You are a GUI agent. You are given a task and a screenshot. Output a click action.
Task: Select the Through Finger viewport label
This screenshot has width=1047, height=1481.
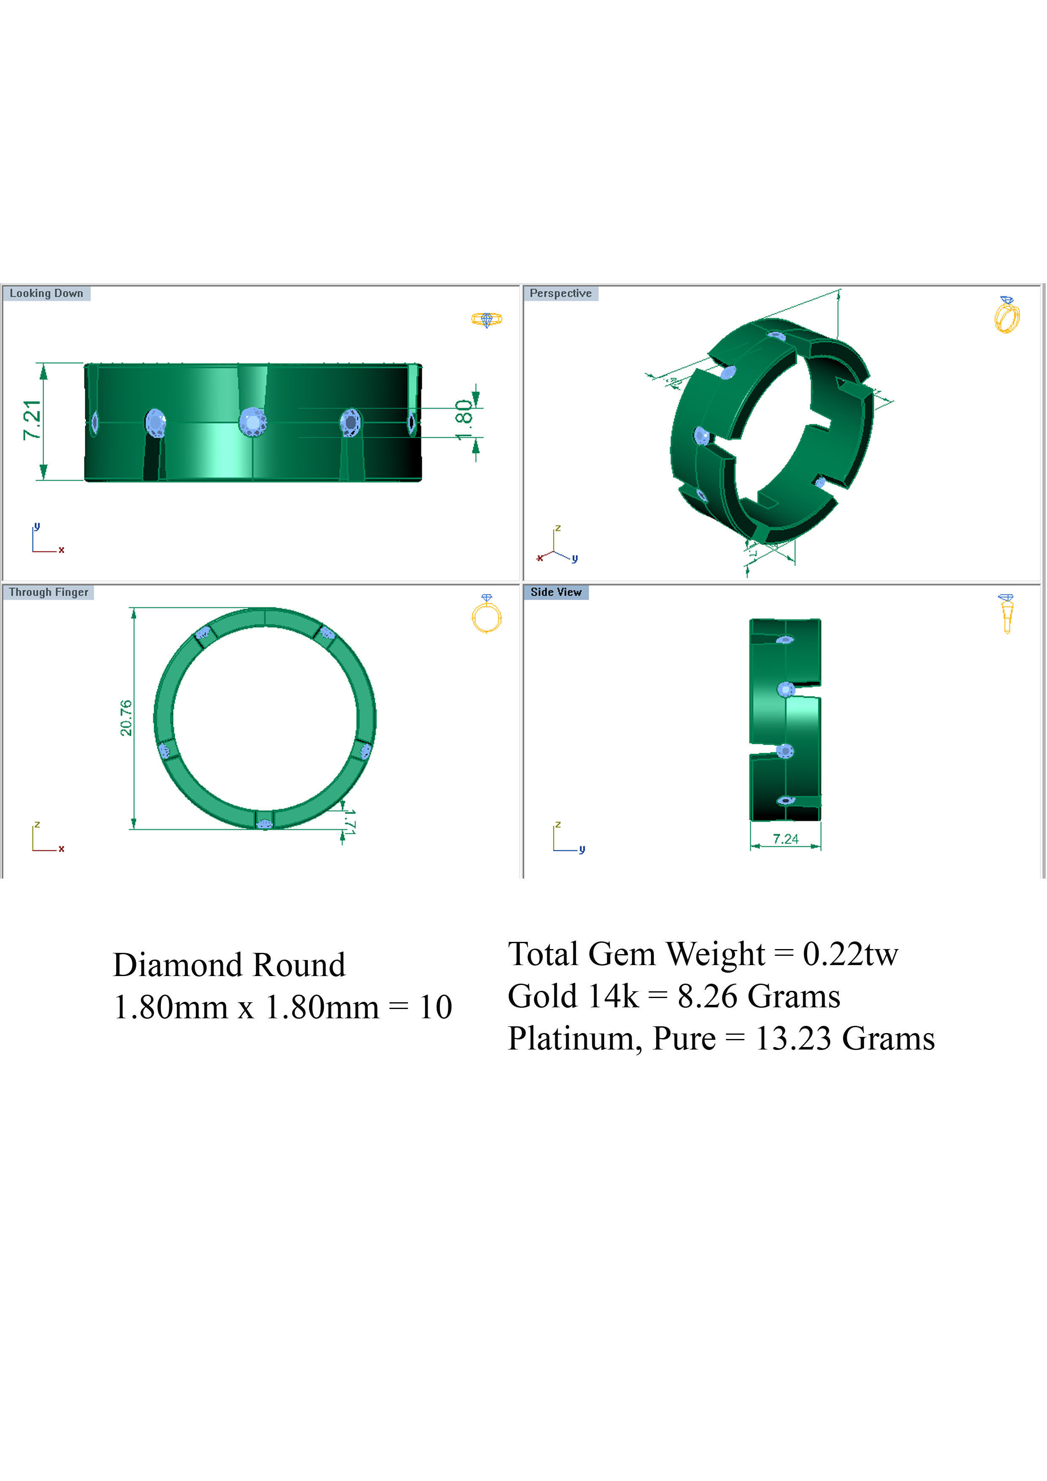coord(49,592)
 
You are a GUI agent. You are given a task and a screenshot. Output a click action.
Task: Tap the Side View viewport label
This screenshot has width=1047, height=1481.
coord(556,592)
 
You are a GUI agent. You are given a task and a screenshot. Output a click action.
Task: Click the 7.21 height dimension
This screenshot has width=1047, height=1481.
coord(32,420)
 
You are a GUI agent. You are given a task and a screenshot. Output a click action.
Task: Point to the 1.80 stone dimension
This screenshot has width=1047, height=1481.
coord(464,420)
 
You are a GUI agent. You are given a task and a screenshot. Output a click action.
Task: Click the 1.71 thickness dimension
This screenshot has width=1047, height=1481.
coord(349,822)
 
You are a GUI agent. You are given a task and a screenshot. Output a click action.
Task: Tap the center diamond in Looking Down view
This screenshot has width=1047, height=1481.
coord(252,422)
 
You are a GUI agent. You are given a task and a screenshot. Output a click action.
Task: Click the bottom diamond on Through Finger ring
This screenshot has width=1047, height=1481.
coord(264,824)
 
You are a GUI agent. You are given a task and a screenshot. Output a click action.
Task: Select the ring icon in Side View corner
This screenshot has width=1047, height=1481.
coord(1006,613)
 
